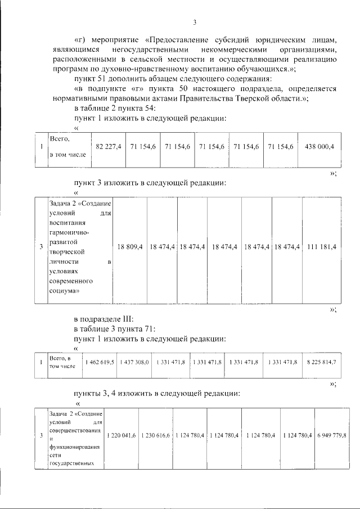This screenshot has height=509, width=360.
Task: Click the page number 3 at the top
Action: point(194,22)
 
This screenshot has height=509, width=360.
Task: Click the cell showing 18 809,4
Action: point(130,247)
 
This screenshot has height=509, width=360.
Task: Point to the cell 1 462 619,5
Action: point(99,362)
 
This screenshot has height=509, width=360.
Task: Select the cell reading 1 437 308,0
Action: point(134,362)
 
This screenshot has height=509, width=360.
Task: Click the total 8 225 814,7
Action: point(320,362)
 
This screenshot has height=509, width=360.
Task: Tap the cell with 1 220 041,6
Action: point(121,436)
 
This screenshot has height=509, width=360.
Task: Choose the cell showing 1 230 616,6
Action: point(155,436)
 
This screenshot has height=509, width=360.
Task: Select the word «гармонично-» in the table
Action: point(70,232)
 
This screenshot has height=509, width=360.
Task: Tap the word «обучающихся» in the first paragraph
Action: point(273,69)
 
